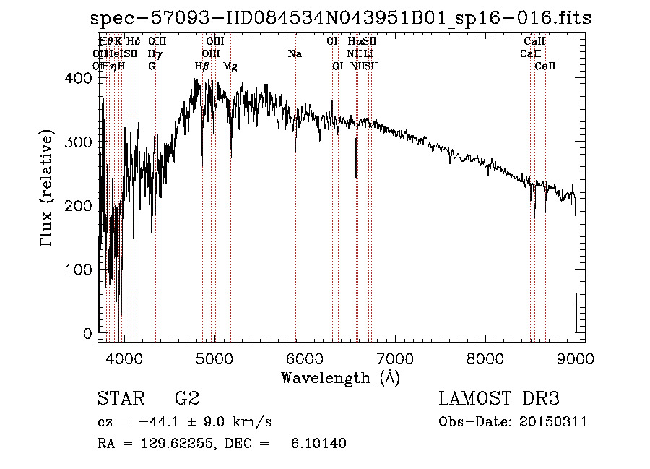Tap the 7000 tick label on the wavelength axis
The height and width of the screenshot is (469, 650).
pyautogui.click(x=394, y=357)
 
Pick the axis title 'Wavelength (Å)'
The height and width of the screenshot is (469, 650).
pyautogui.click(x=340, y=377)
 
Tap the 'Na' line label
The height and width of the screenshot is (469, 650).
pyautogui.click(x=295, y=53)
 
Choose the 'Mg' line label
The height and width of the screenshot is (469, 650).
pyautogui.click(x=230, y=66)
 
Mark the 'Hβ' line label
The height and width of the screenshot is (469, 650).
pyautogui.click(x=202, y=66)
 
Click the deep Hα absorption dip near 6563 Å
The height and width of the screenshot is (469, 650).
pyautogui.click(x=355, y=173)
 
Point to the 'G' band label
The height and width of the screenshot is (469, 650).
pyautogui.click(x=152, y=66)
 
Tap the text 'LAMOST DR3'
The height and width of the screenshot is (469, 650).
pyautogui.click(x=499, y=399)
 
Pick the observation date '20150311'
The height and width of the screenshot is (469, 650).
pyautogui.click(x=552, y=422)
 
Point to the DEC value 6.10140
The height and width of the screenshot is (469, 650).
pyautogui.click(x=318, y=444)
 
